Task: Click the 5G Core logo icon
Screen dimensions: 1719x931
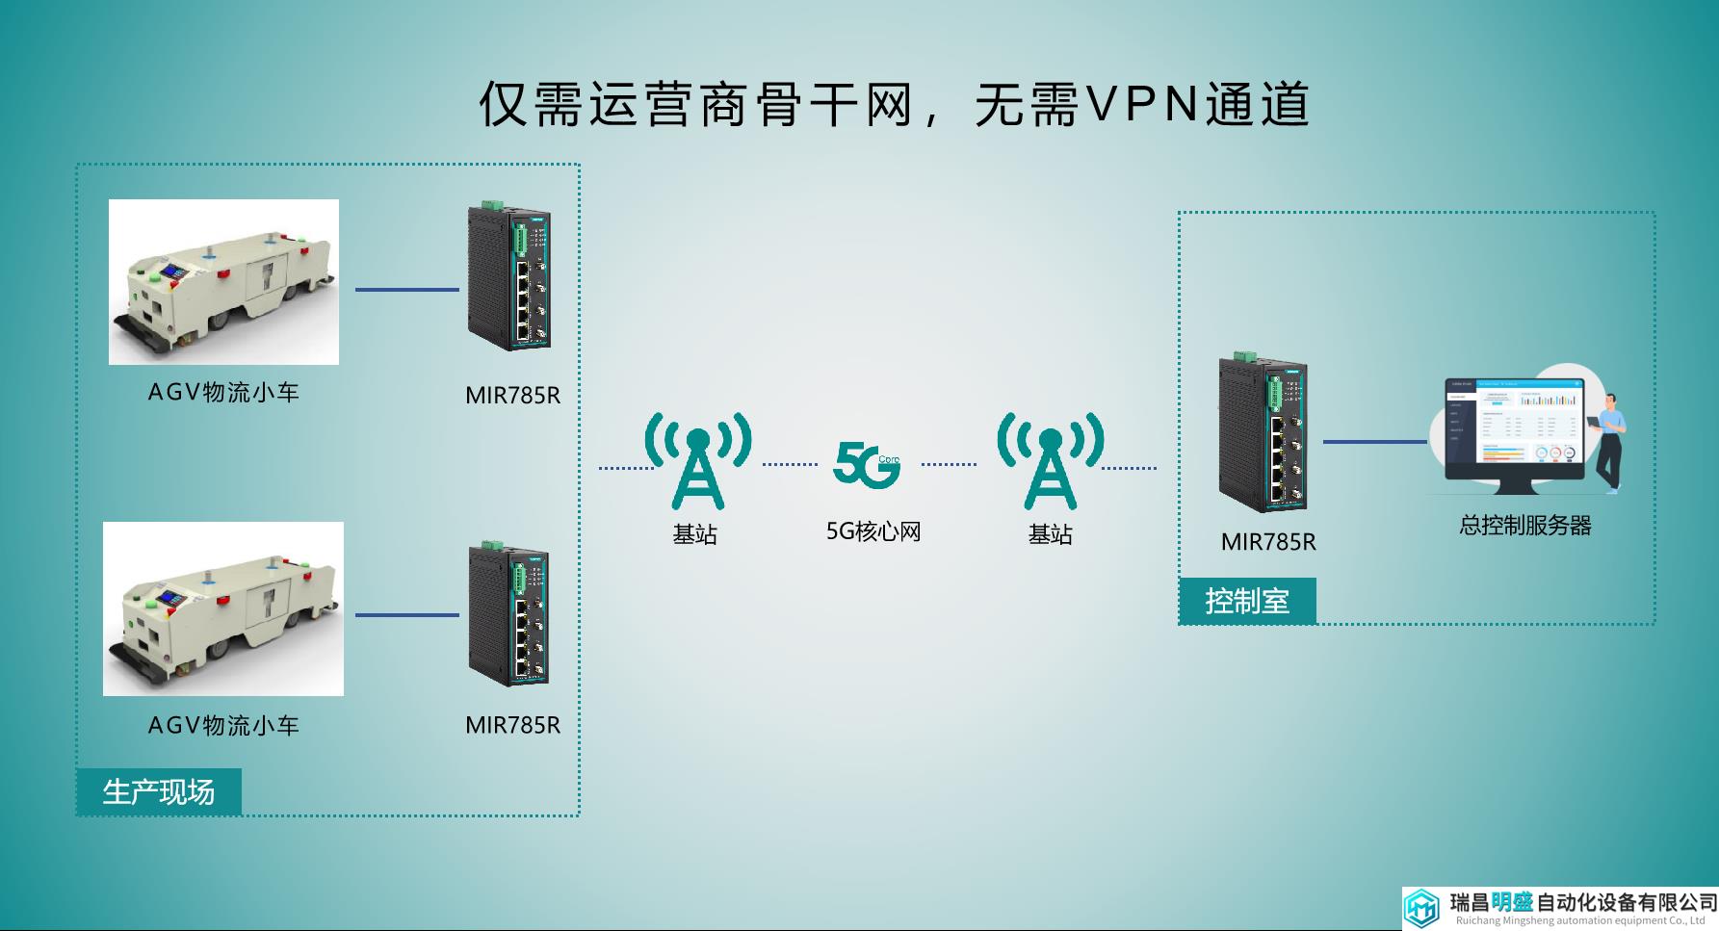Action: pyautogui.click(x=867, y=464)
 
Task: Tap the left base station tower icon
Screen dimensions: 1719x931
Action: pyautogui.click(x=698, y=461)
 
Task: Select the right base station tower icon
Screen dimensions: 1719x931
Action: pyautogui.click(x=1051, y=461)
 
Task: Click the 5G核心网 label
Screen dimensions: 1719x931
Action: pyautogui.click(x=873, y=531)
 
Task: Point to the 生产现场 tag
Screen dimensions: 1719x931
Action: pyautogui.click(x=159, y=791)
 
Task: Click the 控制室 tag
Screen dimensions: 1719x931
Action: pyautogui.click(x=1247, y=602)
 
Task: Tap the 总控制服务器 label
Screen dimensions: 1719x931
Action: pyautogui.click(x=1525, y=526)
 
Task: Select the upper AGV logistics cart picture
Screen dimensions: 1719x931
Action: pyautogui.click(x=223, y=282)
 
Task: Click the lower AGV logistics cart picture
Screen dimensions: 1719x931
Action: pyautogui.click(x=223, y=608)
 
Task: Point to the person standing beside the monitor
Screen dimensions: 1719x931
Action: pyautogui.click(x=1607, y=444)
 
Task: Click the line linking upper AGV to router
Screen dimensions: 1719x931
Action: pyautogui.click(x=407, y=289)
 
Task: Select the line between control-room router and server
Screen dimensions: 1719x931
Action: pyautogui.click(x=1375, y=442)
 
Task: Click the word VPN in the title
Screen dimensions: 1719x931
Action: pyautogui.click(x=1142, y=103)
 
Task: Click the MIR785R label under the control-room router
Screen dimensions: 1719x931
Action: pyautogui.click(x=1268, y=542)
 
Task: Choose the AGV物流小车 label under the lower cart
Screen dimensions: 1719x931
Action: pyautogui.click(x=223, y=725)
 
